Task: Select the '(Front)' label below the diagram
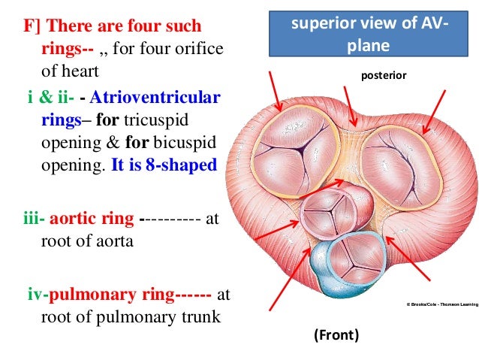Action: coord(336,334)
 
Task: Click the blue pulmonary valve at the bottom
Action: coord(346,260)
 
